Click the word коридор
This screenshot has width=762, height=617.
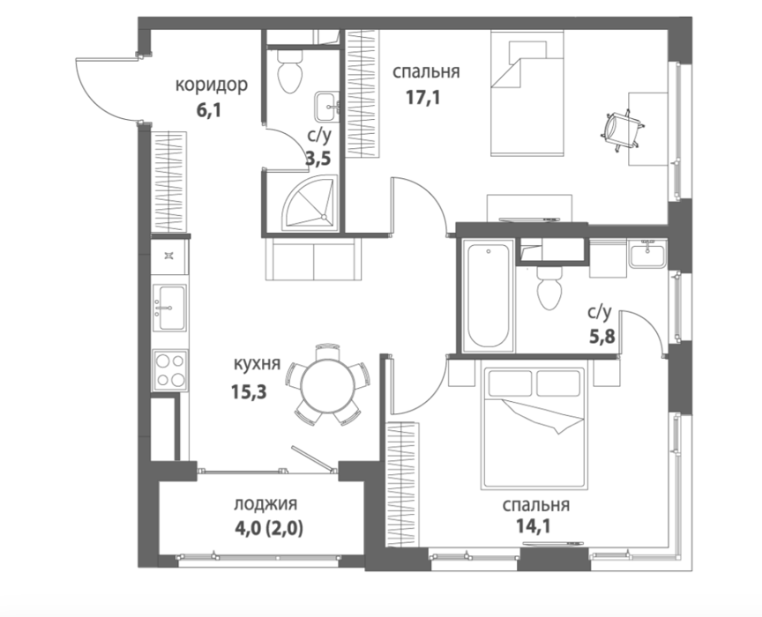tap(212, 85)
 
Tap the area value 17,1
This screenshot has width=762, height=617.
tap(422, 98)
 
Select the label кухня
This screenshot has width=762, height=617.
tap(257, 364)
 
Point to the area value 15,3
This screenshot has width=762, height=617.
tap(249, 391)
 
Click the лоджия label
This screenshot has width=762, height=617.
tap(265, 504)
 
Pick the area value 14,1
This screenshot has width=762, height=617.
tap(534, 525)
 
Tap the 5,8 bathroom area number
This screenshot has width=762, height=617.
tap(602, 336)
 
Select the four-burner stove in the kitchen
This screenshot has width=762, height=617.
tap(169, 370)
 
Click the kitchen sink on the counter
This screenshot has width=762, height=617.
tap(169, 308)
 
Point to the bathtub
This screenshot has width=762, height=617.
tap(488, 295)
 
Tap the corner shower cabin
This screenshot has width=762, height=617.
tap(310, 203)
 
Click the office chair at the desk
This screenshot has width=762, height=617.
tap(624, 130)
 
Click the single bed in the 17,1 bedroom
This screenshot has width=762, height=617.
tap(527, 93)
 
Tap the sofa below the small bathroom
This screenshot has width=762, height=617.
tap(314, 258)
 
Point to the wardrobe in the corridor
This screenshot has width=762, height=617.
tap(169, 182)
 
